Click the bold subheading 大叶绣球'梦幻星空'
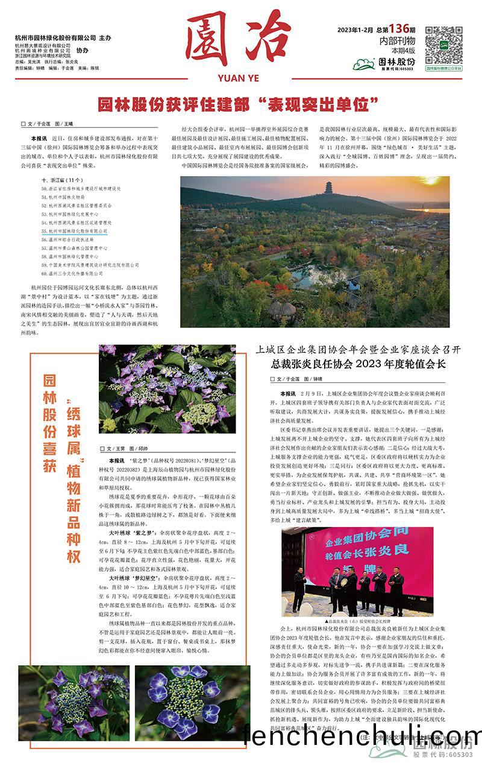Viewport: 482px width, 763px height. click(134, 577)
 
